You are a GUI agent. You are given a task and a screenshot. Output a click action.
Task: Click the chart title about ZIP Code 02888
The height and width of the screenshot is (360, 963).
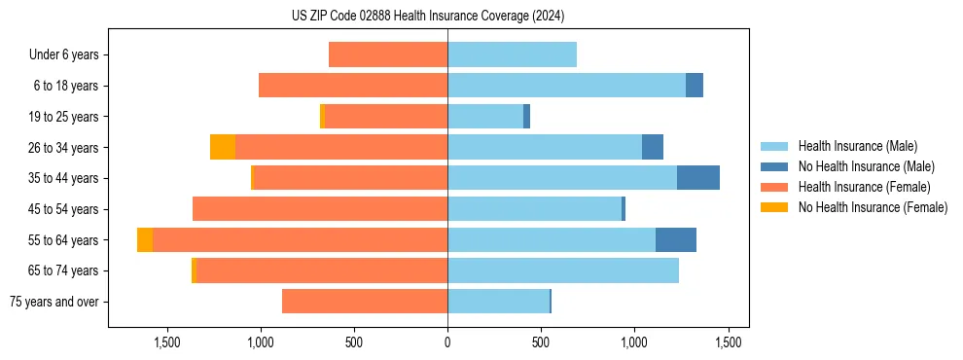point(428,17)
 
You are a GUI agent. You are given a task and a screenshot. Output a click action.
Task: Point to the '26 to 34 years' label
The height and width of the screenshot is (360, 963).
point(64,147)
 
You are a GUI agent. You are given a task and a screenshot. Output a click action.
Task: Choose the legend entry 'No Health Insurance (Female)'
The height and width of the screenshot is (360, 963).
point(873,207)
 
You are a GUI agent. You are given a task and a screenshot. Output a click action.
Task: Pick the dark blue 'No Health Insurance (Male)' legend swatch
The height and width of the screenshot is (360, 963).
point(774,166)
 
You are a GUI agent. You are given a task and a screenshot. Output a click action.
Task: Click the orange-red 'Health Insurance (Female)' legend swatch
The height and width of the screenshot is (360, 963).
point(774,187)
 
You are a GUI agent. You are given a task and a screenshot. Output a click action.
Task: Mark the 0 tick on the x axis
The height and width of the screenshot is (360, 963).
point(447,342)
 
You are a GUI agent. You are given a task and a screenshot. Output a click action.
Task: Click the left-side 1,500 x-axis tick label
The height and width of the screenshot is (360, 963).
point(167,342)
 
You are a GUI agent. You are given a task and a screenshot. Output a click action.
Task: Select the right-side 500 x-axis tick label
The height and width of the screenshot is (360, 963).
point(541,342)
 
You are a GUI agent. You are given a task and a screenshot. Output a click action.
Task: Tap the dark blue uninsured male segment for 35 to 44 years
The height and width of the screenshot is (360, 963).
point(698,178)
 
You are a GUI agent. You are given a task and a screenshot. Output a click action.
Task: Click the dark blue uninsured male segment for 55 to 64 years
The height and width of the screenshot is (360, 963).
point(676,239)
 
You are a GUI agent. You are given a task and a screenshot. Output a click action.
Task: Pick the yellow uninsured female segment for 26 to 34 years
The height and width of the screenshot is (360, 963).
point(223,147)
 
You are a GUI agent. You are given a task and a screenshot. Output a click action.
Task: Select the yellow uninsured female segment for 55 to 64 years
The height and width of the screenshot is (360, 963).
point(145,239)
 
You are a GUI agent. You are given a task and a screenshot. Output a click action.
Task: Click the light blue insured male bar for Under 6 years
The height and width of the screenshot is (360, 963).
point(512,54)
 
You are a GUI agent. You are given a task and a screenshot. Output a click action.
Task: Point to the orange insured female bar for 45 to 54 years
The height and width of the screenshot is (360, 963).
point(320,209)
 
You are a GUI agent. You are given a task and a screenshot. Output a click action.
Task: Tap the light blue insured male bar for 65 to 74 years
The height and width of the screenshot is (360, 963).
point(563,270)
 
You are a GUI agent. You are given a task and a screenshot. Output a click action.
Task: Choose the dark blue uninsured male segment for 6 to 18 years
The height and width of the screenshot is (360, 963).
point(695,86)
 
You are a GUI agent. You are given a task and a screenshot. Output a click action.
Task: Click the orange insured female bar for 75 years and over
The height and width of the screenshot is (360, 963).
point(365,302)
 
